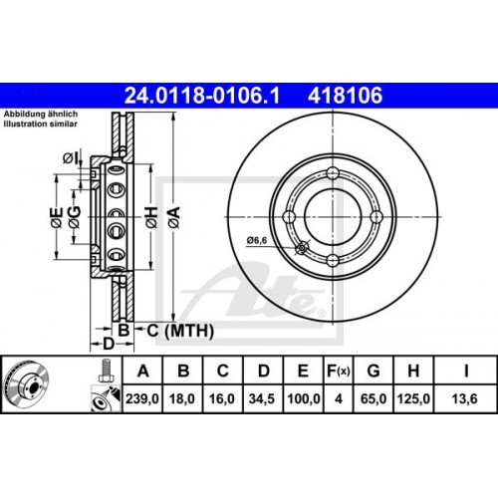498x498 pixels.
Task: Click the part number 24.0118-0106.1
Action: click(x=205, y=98)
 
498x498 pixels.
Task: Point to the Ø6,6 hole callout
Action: click(x=257, y=239)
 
